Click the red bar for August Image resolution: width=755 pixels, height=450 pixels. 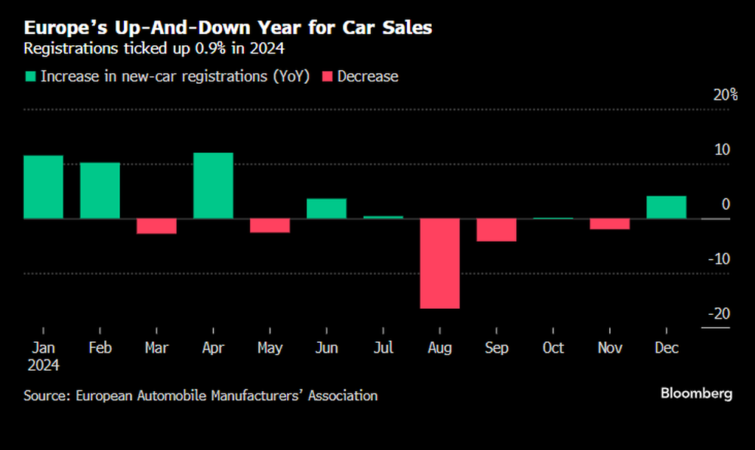(439, 264)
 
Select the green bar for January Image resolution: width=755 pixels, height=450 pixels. (43, 187)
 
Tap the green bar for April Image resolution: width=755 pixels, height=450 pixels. (213, 186)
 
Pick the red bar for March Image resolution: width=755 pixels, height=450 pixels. (156, 227)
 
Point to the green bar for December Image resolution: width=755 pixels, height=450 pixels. (667, 208)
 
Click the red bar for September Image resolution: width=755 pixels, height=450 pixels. (496, 230)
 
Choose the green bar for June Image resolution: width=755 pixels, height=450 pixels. (326, 209)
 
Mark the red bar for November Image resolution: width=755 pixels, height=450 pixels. (610, 224)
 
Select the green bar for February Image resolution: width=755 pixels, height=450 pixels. (100, 190)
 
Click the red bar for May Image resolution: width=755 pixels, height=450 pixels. (270, 226)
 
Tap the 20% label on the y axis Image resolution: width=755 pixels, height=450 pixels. (725, 95)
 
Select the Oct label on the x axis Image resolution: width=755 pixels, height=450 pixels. (553, 348)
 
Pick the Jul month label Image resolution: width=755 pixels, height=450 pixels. (383, 348)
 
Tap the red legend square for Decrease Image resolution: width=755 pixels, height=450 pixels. (326, 76)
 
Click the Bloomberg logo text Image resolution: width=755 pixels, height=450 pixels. (696, 393)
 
